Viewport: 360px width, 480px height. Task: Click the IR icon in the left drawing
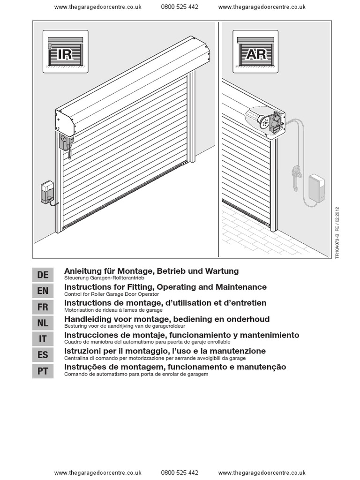pos(62,52)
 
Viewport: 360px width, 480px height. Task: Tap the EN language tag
pos(43,291)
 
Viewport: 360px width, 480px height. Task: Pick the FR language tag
pos(43,307)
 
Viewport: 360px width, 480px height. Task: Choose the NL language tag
pos(43,322)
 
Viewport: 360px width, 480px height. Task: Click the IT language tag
pos(43,339)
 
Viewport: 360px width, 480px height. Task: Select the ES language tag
pos(43,355)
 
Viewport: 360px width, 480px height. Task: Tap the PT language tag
pos(43,371)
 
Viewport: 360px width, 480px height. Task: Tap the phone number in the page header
pos(180,7)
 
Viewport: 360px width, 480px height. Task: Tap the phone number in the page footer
pos(180,473)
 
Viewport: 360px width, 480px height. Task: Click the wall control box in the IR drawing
pos(48,192)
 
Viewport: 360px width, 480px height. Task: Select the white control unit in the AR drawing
pos(317,188)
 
